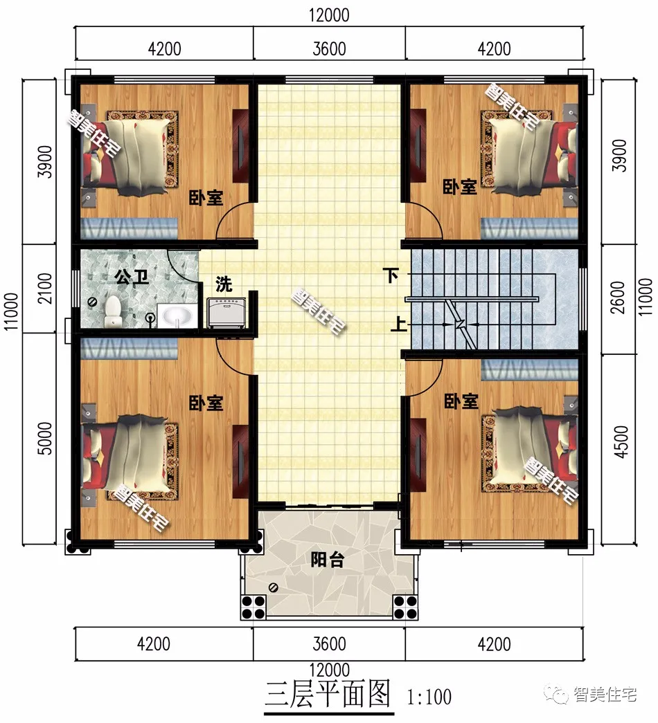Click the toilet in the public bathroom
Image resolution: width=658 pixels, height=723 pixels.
click(x=112, y=312)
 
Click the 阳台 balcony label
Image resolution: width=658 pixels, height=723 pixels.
click(x=326, y=560)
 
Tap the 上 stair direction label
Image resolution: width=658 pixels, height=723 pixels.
click(x=398, y=324)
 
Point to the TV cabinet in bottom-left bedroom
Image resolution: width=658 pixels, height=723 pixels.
click(x=240, y=461)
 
